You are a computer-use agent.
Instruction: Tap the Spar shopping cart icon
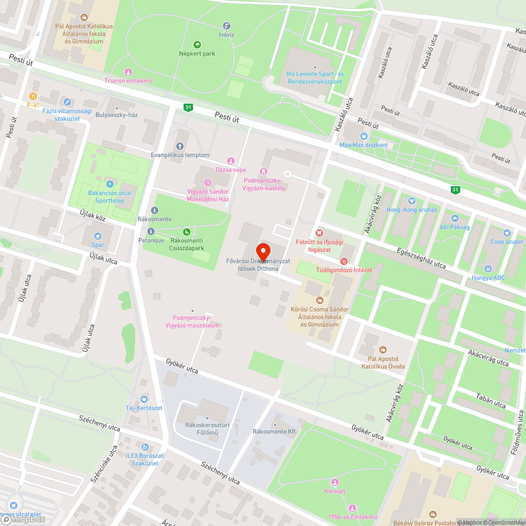click(97, 236)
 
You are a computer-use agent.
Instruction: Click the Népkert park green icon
click(197, 45)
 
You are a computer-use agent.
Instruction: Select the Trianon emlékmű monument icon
click(128, 72)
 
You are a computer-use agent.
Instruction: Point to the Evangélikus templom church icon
click(180, 146)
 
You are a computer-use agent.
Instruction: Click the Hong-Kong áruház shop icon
click(412, 200)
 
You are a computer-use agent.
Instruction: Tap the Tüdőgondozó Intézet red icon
click(344, 261)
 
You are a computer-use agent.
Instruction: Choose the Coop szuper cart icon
click(507, 233)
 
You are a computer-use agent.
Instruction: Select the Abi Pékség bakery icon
click(454, 218)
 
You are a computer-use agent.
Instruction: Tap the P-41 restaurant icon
click(33, 96)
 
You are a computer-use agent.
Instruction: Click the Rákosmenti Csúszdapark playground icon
click(187, 231)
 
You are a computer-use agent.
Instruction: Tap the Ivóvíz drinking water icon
click(227, 25)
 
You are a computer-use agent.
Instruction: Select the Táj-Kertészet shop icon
click(144, 399)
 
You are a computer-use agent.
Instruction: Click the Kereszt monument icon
click(335, 482)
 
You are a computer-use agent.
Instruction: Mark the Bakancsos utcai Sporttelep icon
click(109, 184)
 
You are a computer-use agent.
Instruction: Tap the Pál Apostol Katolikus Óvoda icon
click(383, 350)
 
